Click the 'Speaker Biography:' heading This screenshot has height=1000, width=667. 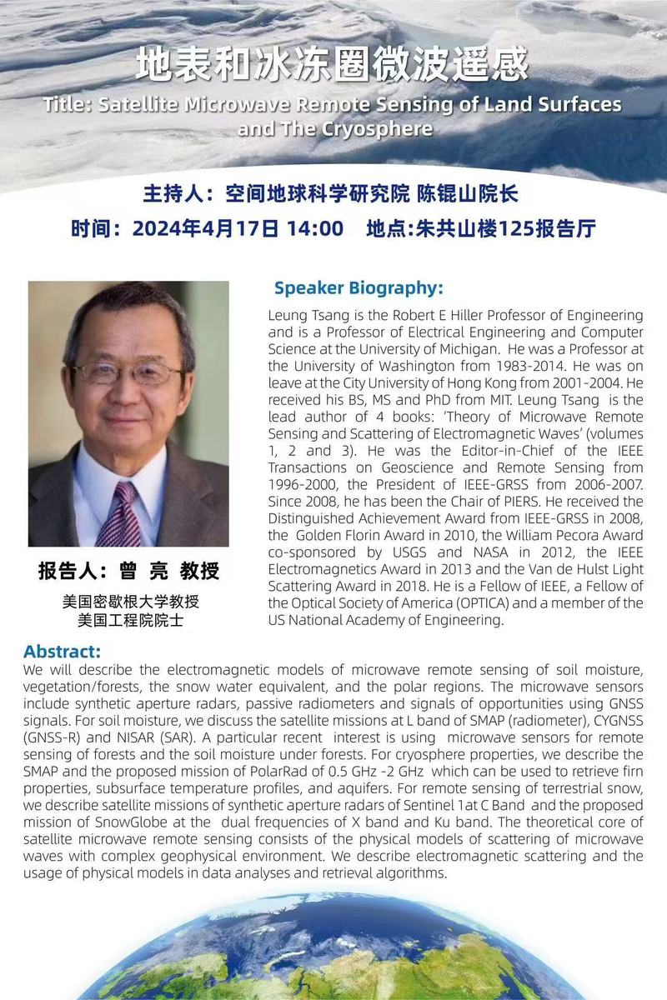pyautogui.click(x=359, y=288)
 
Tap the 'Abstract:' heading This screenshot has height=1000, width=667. pyautogui.click(x=62, y=651)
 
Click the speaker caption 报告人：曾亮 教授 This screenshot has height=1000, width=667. pyautogui.click(x=128, y=571)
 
